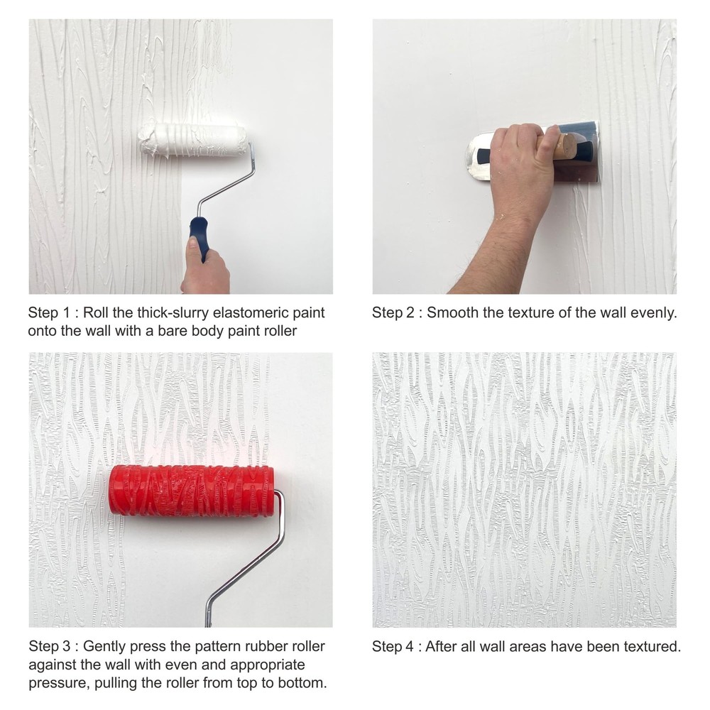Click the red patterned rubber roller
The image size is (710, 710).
tap(192, 491)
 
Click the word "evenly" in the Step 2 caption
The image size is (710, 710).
tap(654, 313)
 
